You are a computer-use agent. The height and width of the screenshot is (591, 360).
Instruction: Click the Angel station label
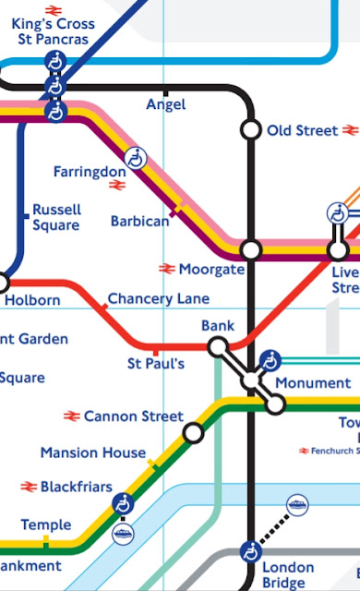(166, 105)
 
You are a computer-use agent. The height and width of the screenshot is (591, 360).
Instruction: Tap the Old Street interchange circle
(250, 130)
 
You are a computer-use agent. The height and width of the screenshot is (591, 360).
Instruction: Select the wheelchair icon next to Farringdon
(137, 158)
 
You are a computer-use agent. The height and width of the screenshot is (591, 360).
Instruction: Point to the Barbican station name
(139, 222)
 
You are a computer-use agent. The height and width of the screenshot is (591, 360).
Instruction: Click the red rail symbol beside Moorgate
(166, 269)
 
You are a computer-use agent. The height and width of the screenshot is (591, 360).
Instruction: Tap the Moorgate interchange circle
(250, 250)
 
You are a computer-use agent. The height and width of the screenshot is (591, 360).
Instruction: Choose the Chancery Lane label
(158, 299)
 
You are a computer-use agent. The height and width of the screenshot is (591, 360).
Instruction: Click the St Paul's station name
(155, 364)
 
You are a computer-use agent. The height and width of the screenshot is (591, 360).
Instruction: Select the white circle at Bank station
(218, 346)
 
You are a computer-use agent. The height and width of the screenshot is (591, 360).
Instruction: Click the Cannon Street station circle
(193, 432)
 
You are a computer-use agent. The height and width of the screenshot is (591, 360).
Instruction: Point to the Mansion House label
(92, 452)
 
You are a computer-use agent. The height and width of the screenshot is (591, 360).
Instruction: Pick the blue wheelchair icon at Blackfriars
(123, 503)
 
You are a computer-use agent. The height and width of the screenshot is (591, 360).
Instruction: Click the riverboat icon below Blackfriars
(123, 534)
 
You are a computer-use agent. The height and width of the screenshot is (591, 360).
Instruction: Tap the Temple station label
(45, 525)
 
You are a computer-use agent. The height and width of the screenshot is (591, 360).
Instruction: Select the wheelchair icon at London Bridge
(250, 552)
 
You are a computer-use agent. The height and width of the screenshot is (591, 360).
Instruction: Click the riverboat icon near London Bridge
(297, 505)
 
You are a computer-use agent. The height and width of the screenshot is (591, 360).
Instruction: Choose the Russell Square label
(56, 217)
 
